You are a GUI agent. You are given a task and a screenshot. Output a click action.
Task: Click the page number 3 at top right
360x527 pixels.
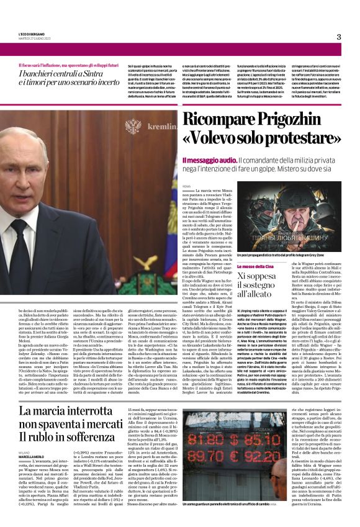[339, 37]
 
